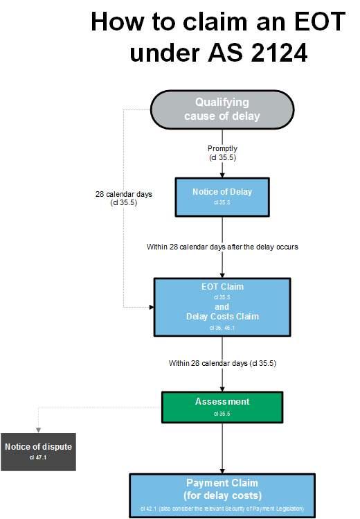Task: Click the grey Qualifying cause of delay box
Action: (x=222, y=109)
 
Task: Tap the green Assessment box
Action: (x=222, y=407)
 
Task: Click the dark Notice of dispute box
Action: (x=37, y=452)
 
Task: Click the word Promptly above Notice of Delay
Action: (x=222, y=148)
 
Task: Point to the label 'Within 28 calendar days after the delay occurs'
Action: (x=222, y=247)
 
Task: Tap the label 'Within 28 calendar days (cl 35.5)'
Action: (x=222, y=363)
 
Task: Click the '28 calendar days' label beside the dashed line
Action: (x=124, y=194)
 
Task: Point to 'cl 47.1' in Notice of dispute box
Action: (x=37, y=458)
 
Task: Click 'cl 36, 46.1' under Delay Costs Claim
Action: (x=222, y=326)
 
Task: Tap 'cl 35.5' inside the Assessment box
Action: (x=222, y=414)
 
